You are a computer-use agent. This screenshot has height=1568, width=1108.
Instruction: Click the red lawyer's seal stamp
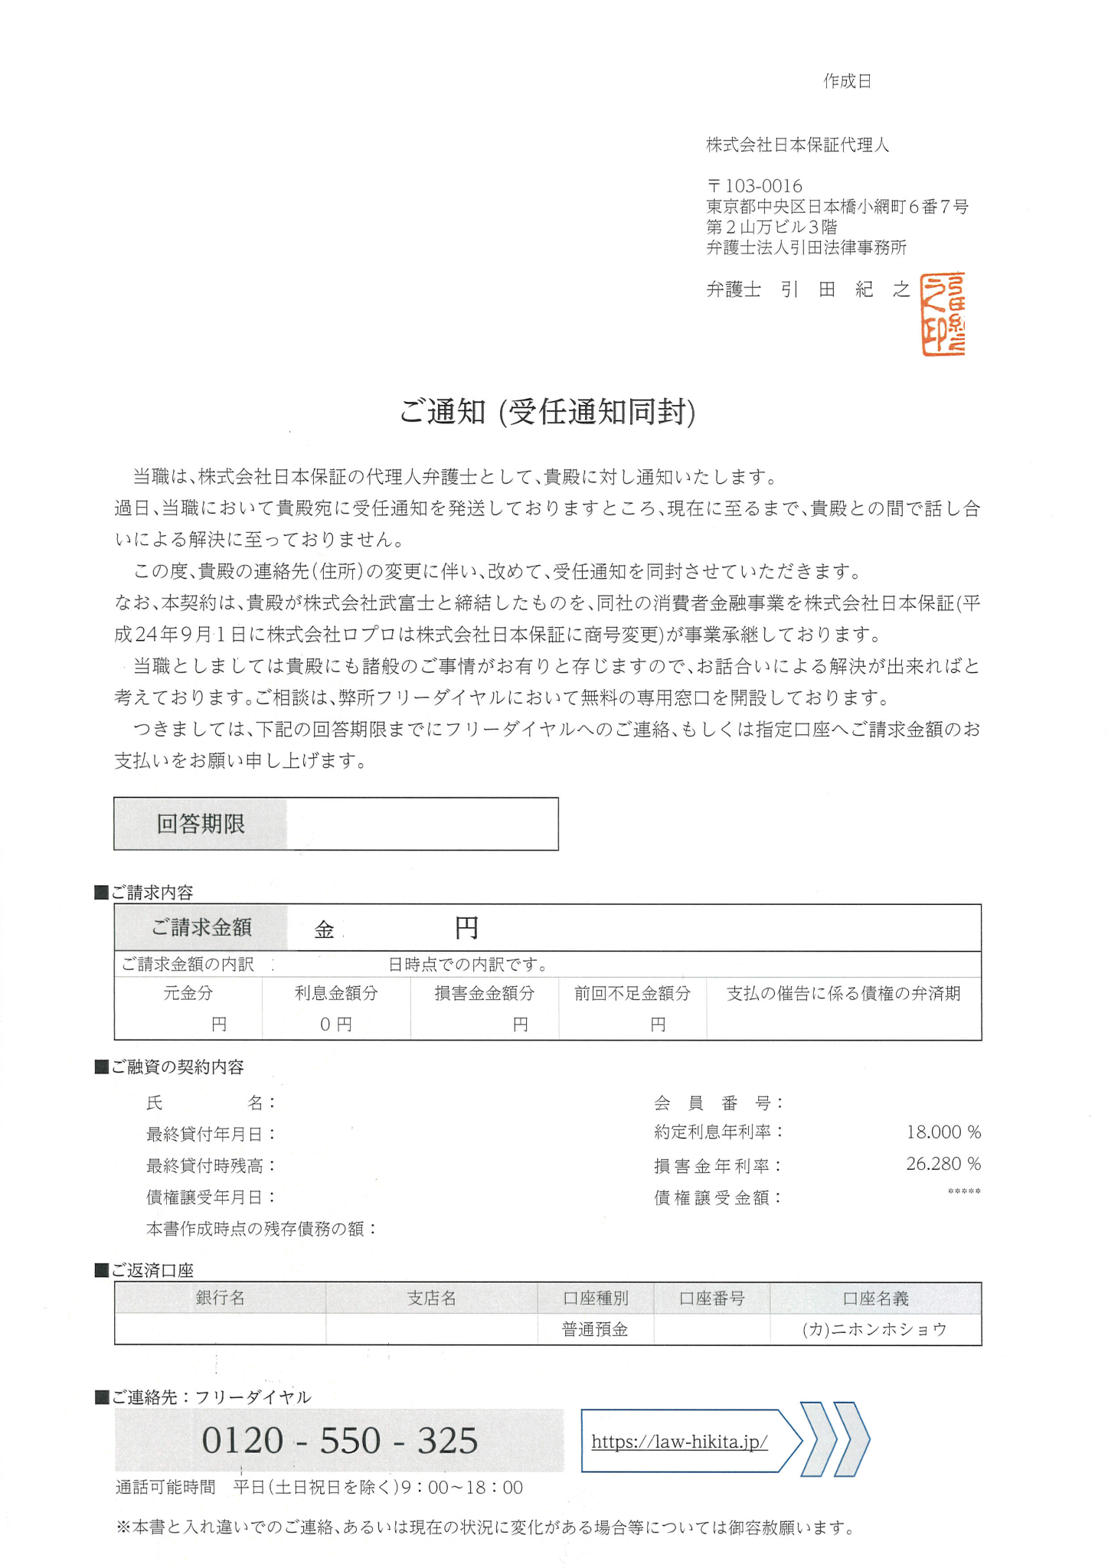[x=942, y=314]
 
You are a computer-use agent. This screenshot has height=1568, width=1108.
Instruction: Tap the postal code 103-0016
[x=754, y=186]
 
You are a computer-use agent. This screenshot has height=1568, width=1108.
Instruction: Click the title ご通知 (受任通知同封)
[x=547, y=412]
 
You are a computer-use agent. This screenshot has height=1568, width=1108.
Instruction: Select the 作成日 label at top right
[x=848, y=81]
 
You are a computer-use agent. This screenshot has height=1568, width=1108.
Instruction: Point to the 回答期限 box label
[x=201, y=824]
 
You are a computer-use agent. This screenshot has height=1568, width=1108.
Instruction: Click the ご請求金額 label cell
[x=201, y=927]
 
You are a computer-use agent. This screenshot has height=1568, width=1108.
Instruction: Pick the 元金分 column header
[x=188, y=993]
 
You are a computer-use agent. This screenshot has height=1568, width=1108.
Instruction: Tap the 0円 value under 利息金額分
[x=335, y=1024]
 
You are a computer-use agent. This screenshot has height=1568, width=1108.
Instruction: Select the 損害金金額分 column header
[x=485, y=993]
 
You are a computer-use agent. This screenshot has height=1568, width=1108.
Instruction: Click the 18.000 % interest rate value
[x=943, y=1132]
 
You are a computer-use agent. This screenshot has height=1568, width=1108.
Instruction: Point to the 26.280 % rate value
[x=943, y=1164]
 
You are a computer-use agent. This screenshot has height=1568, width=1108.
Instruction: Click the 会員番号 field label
[x=718, y=1102]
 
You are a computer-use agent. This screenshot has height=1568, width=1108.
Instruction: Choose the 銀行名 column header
[x=221, y=1298]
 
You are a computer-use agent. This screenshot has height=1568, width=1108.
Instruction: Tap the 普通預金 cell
[x=595, y=1330]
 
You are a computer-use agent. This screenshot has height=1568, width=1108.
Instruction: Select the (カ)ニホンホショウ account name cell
[x=874, y=1330]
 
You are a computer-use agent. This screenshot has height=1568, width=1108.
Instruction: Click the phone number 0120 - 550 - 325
[x=340, y=1440]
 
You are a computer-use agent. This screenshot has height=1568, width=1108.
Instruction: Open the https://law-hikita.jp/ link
[x=679, y=1442]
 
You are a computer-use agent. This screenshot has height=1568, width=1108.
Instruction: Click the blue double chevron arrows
[x=835, y=1440]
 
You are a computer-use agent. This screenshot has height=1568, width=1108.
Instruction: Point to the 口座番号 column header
[x=711, y=1298]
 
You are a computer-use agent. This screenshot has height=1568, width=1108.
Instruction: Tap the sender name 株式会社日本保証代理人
[x=797, y=145]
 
